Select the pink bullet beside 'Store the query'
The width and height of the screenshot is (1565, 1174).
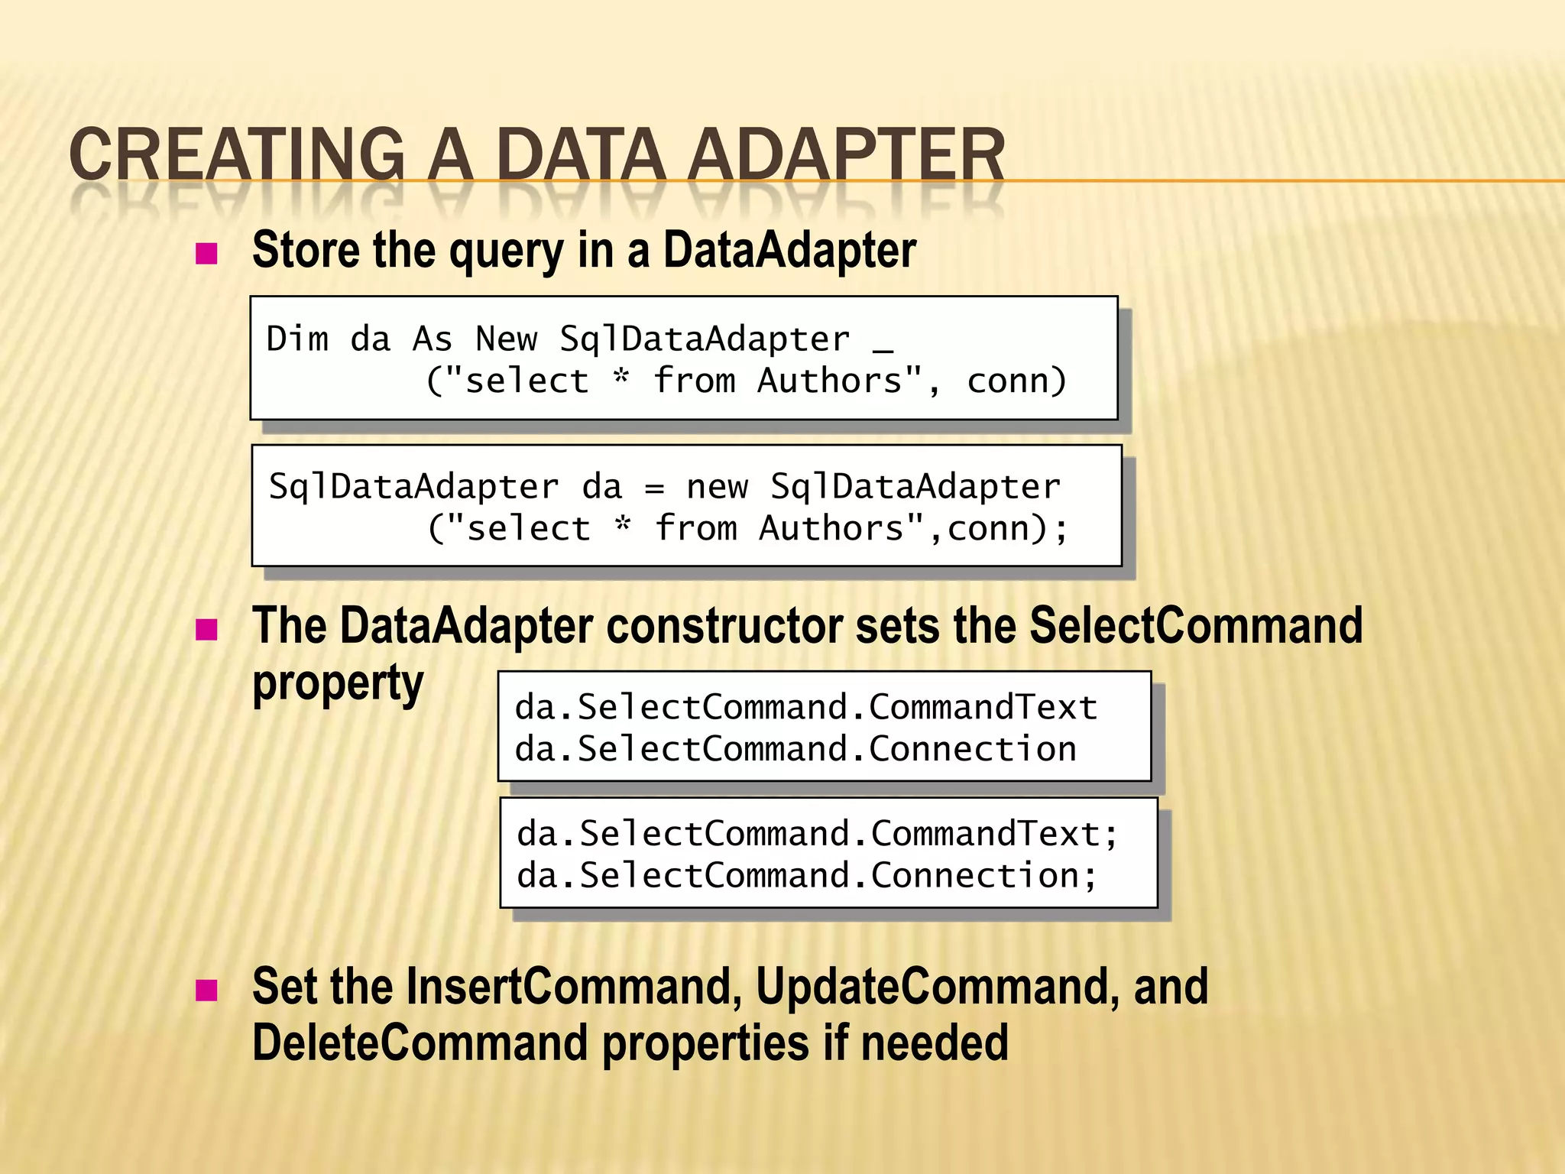[206, 253]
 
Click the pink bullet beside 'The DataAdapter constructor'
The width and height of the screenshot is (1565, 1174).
[206, 630]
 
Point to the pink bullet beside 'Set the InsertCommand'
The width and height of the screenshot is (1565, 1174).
[206, 991]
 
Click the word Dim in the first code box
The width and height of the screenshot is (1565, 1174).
[297, 339]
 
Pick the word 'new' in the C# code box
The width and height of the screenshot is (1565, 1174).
[717, 487]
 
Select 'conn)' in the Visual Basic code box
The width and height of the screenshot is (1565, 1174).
[1016, 381]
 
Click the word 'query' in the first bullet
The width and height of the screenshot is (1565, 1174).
[507, 251]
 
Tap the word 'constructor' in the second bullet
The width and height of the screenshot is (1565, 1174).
[725, 626]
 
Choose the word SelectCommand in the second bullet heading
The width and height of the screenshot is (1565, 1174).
[1196, 626]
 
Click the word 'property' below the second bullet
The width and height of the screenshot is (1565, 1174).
[338, 684]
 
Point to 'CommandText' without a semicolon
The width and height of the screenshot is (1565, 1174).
[983, 707]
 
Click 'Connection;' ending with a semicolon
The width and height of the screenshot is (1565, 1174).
[984, 875]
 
